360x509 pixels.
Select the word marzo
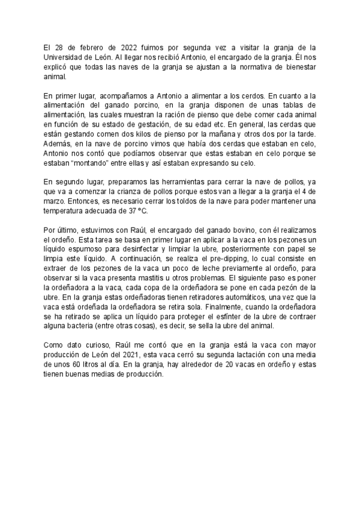[x=55, y=202]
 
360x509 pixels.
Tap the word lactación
[x=232, y=357]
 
